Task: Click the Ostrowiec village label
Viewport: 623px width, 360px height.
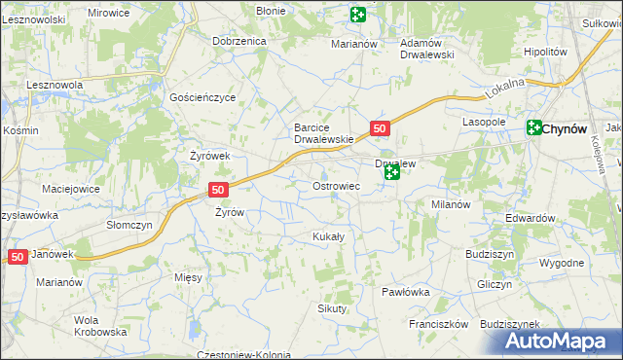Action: [x=337, y=185]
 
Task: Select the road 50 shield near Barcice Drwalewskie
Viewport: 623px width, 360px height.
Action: [x=381, y=128]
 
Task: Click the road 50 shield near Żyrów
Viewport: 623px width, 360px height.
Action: [x=218, y=190]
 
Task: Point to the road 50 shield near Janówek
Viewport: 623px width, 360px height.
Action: [x=18, y=256]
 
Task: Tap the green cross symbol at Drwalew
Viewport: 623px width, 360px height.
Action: [x=391, y=173]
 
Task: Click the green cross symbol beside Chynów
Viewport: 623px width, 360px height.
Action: [x=534, y=126]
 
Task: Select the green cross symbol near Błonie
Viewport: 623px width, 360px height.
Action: [x=357, y=14]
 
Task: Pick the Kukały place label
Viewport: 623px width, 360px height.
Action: [x=327, y=236]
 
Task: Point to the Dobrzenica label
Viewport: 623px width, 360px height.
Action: [x=239, y=42]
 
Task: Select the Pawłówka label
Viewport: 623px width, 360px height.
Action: [x=406, y=292]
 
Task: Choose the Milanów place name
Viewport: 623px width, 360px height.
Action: [x=451, y=204]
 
